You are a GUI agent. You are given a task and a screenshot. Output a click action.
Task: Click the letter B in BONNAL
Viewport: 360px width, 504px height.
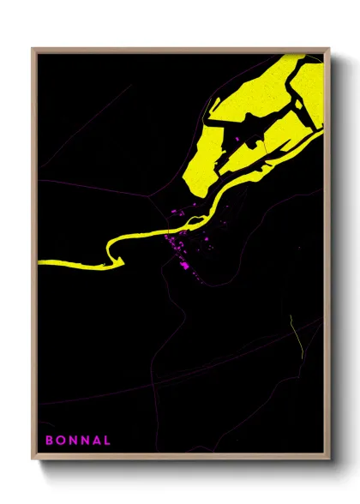(x=49, y=441)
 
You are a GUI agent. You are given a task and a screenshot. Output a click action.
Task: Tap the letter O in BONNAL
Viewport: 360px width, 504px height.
(x=61, y=441)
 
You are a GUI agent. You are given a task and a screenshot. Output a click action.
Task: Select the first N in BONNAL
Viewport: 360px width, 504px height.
(x=73, y=441)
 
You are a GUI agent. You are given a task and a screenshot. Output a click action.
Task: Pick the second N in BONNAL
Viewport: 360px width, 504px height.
(x=85, y=441)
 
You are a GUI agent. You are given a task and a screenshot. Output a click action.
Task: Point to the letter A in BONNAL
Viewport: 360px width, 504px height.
(x=96, y=441)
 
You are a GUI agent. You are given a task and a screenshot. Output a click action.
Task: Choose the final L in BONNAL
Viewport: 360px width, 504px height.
(x=107, y=441)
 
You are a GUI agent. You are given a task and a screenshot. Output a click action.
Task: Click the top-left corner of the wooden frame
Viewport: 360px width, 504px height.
(x=33, y=49)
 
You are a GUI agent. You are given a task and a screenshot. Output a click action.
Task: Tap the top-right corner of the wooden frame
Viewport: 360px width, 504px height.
(x=329, y=49)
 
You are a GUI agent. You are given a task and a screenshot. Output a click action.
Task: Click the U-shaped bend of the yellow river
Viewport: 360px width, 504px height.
(x=109, y=255)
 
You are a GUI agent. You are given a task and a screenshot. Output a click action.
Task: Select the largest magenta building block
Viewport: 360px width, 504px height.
(x=183, y=266)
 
